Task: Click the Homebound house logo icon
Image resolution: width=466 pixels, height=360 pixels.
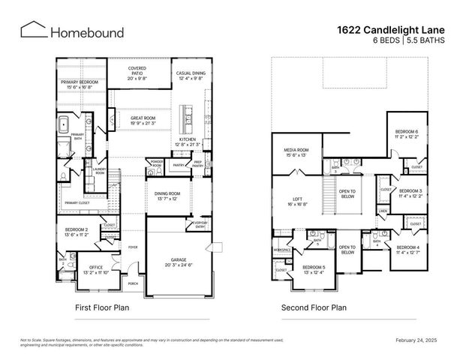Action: pos(32,30)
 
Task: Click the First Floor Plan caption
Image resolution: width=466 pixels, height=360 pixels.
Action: pos(104,307)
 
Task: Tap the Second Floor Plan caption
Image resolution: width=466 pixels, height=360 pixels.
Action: pos(314,307)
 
